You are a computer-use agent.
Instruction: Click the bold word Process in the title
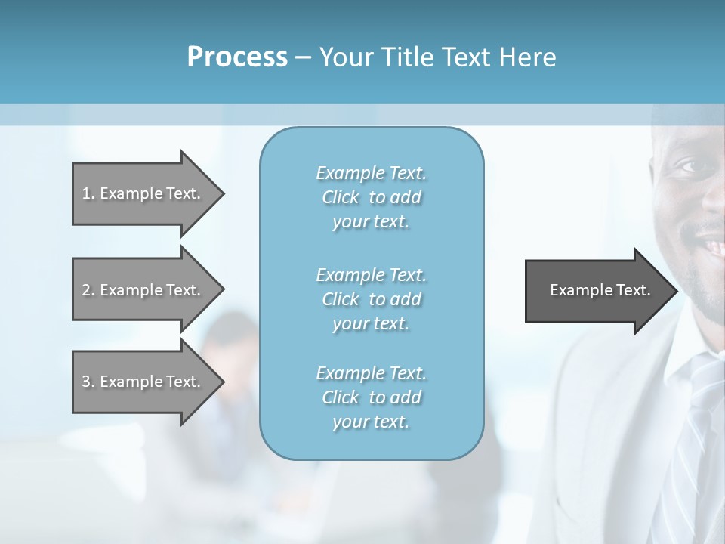click(237, 57)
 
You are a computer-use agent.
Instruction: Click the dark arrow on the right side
click(597, 291)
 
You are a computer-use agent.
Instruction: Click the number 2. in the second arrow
click(88, 290)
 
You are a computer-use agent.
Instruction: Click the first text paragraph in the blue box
click(371, 197)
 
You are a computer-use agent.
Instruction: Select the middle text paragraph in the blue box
click(371, 298)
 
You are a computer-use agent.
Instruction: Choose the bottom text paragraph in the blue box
click(371, 397)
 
